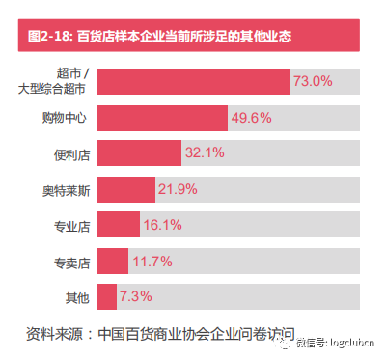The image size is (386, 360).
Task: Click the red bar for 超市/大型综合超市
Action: [x=193, y=82]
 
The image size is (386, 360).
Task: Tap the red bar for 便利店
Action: [x=140, y=152]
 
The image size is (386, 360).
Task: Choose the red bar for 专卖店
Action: [x=113, y=260]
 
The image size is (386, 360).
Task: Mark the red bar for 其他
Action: [x=107, y=295]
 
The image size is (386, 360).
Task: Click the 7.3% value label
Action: [x=136, y=295]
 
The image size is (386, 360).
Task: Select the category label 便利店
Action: [x=72, y=152]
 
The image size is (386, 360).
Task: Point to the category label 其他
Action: [x=78, y=295]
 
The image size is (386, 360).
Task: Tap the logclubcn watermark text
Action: [x=348, y=341]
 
